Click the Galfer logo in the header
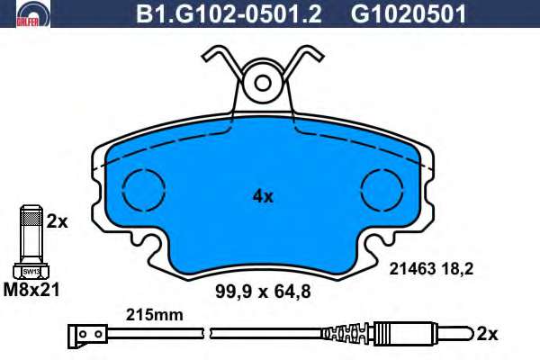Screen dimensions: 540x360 click(33, 13)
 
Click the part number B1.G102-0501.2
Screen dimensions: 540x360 click(229, 13)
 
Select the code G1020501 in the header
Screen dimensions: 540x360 click(409, 13)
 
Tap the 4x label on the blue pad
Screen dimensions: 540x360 click(263, 196)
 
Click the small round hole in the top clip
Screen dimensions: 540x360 click(263, 83)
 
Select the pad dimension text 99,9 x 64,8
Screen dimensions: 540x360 click(263, 292)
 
